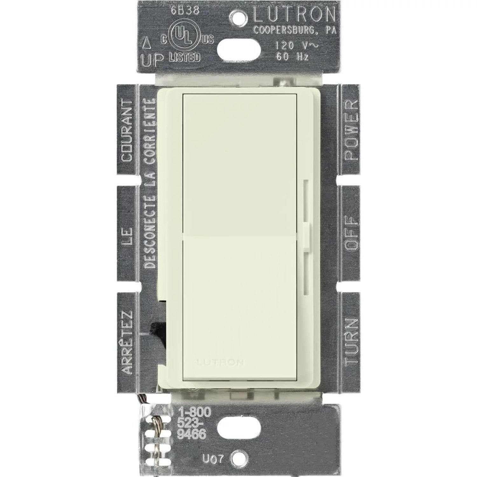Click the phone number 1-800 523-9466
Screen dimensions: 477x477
click(194, 423)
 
